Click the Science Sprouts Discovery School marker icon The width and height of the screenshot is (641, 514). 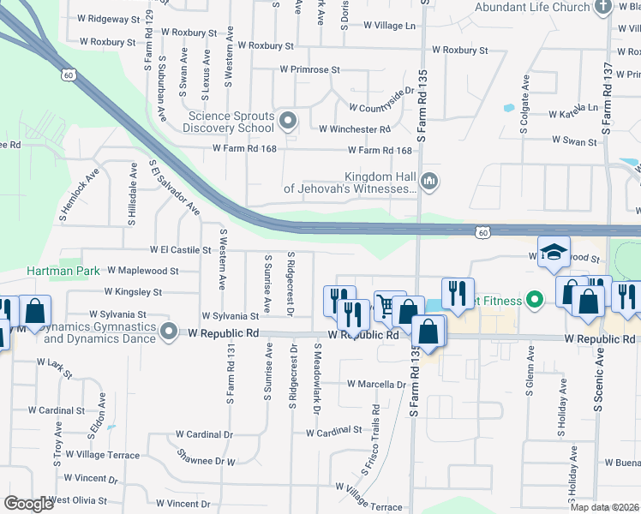coord(288,121)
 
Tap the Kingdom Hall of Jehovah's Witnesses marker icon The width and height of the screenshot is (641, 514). coord(430,181)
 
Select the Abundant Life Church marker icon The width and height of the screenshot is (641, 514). coord(602,7)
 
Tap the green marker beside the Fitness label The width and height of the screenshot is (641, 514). coord(536,300)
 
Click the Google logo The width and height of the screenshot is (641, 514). coord(29,503)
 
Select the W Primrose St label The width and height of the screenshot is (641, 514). coord(309,69)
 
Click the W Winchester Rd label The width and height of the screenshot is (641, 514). coord(354,129)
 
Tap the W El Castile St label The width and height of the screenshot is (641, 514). coord(180,250)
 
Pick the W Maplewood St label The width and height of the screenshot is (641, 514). coord(142,271)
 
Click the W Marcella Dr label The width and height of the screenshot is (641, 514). coord(375,385)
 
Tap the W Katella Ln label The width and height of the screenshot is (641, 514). coord(573,111)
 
